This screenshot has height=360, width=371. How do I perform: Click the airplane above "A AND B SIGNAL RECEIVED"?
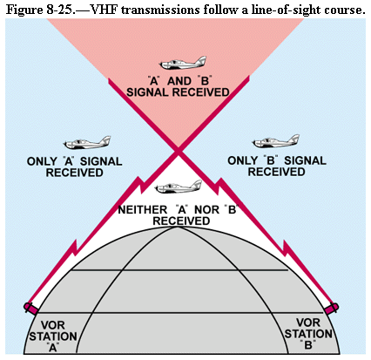(183, 63)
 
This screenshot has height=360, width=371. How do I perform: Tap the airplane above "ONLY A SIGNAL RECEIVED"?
(87, 143)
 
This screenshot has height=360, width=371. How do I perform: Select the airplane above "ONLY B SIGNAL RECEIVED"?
(275, 141)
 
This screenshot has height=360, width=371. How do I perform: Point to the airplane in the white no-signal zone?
(179, 187)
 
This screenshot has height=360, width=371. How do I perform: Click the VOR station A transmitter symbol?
(30, 308)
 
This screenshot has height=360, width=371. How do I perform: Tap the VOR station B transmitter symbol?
(332, 308)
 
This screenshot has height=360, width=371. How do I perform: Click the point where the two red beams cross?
(178, 151)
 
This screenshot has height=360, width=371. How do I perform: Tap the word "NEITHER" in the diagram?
(142, 210)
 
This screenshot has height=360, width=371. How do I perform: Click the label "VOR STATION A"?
(53, 336)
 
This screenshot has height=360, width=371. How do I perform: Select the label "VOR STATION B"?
(308, 334)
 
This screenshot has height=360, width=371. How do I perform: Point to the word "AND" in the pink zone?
(179, 81)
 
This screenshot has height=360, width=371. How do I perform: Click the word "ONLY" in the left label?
(42, 161)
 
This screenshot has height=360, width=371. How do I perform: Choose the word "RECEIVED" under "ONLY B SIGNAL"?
(276, 172)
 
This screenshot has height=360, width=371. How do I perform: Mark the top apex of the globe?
(178, 227)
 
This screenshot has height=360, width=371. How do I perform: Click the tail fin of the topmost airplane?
(200, 60)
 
